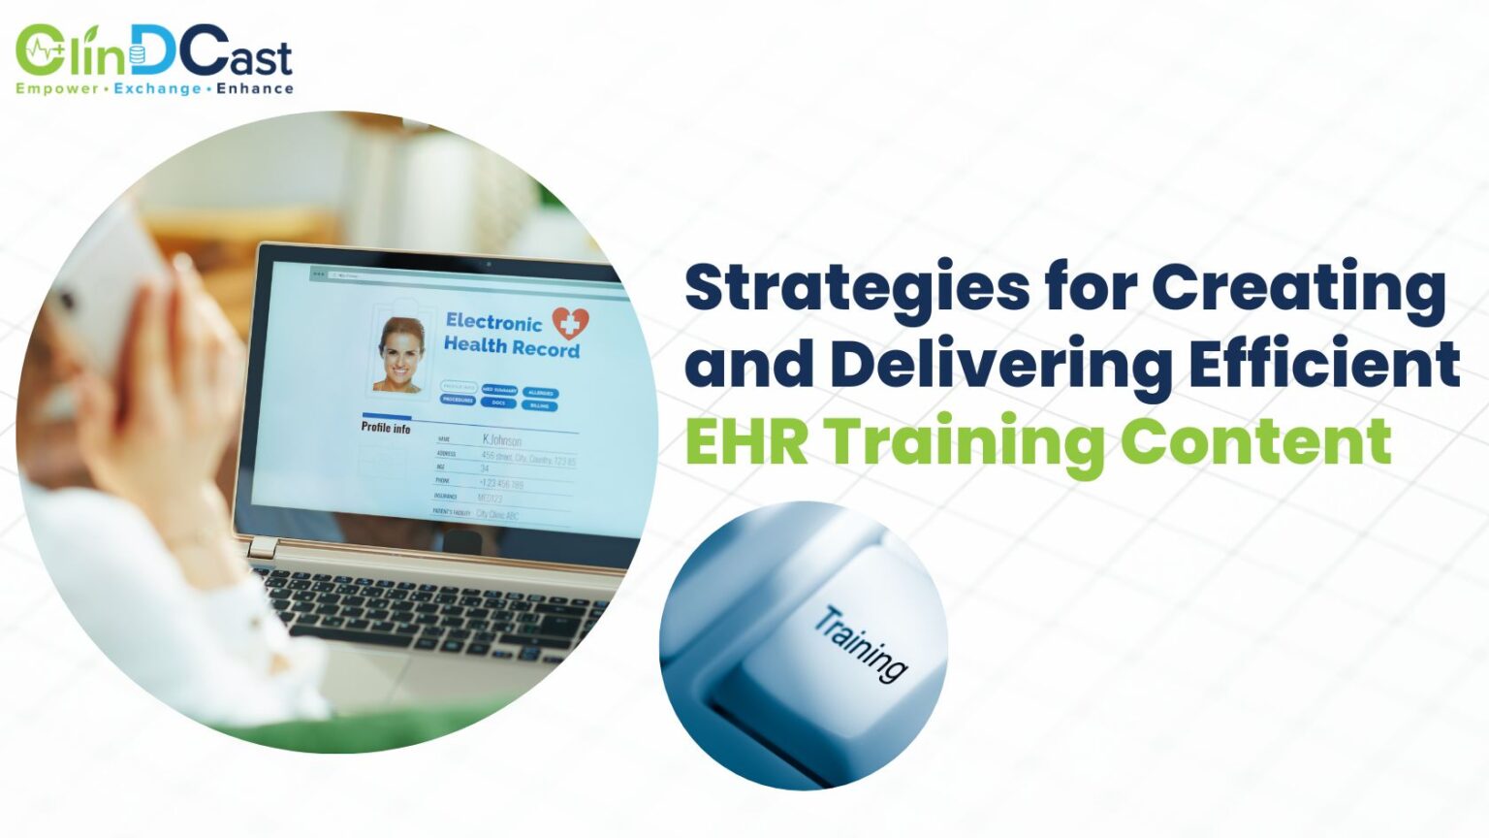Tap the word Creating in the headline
click(x=1299, y=289)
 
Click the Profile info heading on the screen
click(x=386, y=428)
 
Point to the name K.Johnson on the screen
click(x=502, y=439)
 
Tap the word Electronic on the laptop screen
click(x=493, y=321)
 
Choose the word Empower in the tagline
click(x=57, y=88)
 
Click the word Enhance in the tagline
click(x=254, y=88)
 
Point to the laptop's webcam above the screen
click(x=489, y=264)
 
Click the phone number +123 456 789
click(x=501, y=483)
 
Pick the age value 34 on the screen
click(x=485, y=467)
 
